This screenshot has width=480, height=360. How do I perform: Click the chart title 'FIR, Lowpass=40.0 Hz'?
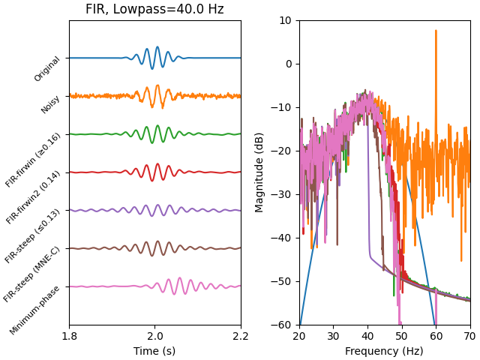pos(154,10)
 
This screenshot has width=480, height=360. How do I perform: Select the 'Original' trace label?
pos(47,69)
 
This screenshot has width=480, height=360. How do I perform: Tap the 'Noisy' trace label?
pos(51,104)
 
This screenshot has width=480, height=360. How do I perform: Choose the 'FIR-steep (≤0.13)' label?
pos(34,236)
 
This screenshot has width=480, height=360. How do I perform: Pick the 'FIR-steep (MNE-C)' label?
pos(33,274)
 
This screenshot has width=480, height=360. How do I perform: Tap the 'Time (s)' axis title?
pos(154,351)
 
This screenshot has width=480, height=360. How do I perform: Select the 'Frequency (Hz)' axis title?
pos(385,351)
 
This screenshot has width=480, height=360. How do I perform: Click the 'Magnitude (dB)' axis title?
pos(259,172)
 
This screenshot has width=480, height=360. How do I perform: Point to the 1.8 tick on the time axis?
pos(69,337)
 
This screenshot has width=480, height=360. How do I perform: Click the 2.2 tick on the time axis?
pos(241,337)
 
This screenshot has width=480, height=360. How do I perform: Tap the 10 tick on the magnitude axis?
pos(286,20)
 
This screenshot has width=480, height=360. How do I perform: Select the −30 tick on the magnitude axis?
pos(283,194)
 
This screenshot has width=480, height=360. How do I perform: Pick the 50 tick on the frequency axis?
pos(402,337)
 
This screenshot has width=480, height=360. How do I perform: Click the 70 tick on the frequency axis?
pos(470,337)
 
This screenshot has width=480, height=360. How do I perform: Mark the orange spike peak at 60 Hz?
pos(436,31)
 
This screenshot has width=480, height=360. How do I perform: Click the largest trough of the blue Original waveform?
pos(152,68)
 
